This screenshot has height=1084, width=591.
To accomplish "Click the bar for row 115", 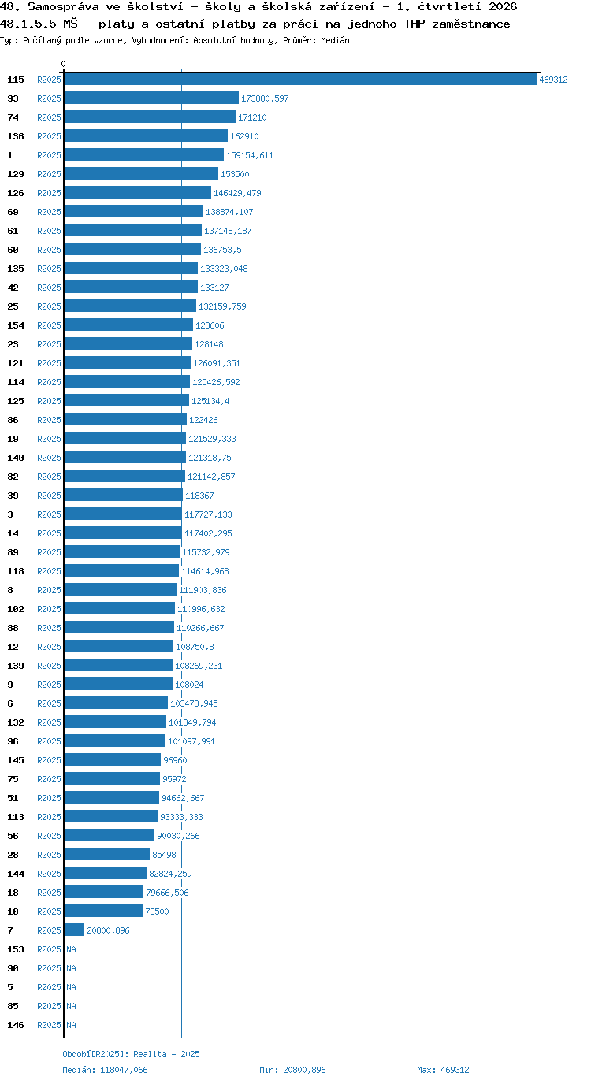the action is (x=300, y=80).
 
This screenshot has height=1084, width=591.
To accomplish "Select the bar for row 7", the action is (x=74, y=930).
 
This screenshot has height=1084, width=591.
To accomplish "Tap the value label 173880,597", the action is (x=265, y=98).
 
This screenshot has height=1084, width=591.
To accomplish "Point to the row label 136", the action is (x=16, y=136).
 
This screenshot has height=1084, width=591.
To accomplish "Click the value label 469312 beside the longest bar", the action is (x=553, y=80).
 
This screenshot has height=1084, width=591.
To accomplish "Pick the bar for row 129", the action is (x=141, y=174).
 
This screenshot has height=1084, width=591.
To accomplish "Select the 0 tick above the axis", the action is (x=63, y=64).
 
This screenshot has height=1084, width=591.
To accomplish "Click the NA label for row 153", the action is (x=71, y=949).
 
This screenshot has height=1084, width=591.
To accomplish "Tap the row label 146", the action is (x=16, y=1025).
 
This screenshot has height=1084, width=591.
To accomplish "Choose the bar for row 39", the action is (x=124, y=495).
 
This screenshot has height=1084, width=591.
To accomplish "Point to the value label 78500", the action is (x=157, y=911).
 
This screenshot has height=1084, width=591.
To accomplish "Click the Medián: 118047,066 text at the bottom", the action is (x=105, y=1070).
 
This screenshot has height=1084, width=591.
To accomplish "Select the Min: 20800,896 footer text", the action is (x=292, y=1070).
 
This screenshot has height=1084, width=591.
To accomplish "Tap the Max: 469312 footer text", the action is (x=443, y=1070).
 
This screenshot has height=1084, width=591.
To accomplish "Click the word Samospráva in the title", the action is (x=63, y=7).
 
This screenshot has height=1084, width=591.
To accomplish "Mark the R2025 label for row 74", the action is (x=49, y=117).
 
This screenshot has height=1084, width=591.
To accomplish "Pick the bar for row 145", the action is (x=113, y=759).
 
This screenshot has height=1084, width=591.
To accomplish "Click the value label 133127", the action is (x=214, y=288).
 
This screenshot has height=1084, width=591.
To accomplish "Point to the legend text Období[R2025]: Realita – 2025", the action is (x=131, y=1054).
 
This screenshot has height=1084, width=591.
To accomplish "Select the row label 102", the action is (x=16, y=609).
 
